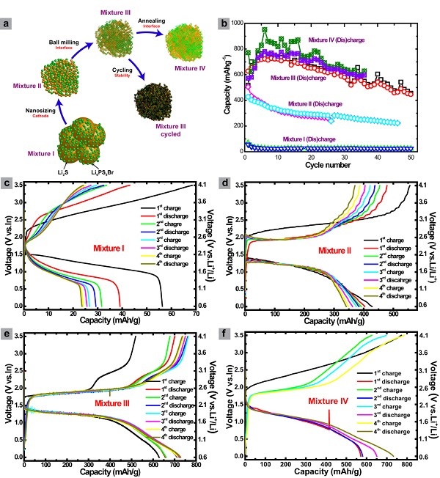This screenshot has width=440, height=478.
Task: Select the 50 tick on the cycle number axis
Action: tap(410, 157)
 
